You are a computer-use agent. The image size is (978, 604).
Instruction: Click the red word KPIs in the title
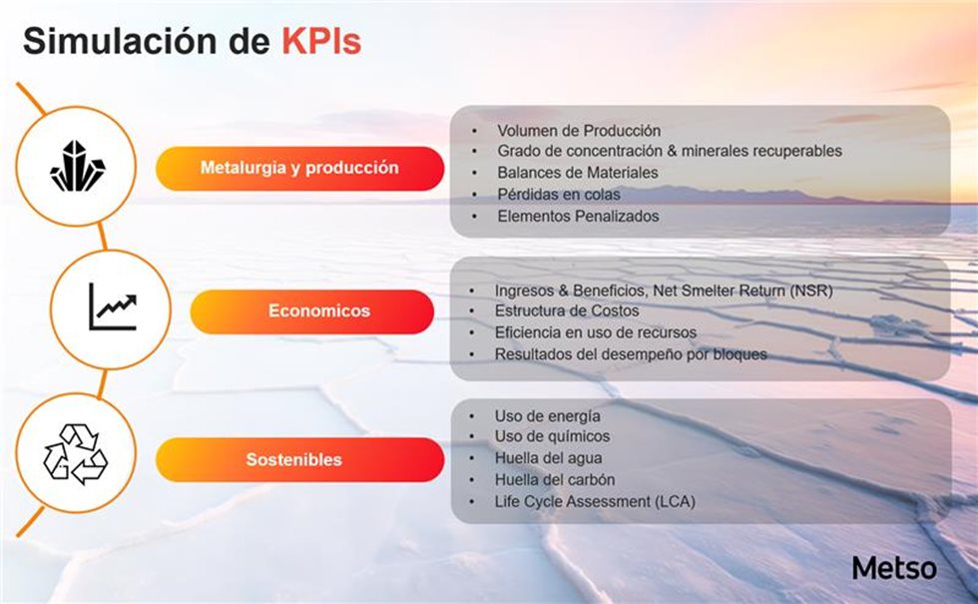(x=321, y=41)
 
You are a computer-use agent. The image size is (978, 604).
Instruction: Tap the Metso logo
(x=894, y=568)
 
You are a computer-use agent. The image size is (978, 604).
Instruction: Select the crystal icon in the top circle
(x=78, y=166)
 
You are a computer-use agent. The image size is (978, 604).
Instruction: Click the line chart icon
(x=113, y=307)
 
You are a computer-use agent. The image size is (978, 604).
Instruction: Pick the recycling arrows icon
(x=76, y=453)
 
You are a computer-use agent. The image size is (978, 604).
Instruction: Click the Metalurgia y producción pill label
(x=299, y=168)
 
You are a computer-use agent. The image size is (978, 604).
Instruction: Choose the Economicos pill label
(x=319, y=310)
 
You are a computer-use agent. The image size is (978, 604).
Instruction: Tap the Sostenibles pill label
(x=293, y=460)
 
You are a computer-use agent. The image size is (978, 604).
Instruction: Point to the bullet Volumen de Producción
(x=579, y=131)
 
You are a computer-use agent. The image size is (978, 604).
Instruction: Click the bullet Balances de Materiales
(x=578, y=172)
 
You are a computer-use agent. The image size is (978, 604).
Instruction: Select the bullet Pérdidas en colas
(x=559, y=194)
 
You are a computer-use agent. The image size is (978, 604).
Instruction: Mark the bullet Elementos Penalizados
(x=578, y=216)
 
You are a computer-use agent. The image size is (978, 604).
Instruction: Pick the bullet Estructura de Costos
(x=567, y=310)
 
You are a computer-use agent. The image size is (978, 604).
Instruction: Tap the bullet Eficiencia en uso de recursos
(x=596, y=332)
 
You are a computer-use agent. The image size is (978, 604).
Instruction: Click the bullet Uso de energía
(x=548, y=416)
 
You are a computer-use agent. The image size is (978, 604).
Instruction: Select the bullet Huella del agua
(x=548, y=458)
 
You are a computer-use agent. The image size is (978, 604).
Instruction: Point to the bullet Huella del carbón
(x=555, y=480)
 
